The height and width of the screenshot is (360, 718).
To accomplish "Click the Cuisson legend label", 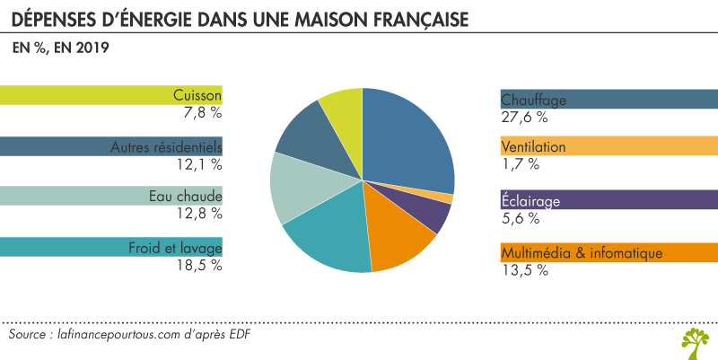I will [197, 95].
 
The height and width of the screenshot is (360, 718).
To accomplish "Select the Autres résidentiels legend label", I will [166, 146].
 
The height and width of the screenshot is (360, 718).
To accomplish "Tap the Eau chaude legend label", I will [186, 197].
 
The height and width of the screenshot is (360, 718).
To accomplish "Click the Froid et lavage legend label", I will [175, 248].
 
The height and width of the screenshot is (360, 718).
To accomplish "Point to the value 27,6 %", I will [524, 116].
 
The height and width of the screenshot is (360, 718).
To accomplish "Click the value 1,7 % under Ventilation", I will [521, 163].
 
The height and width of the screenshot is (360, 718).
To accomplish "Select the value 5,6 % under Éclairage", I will [521, 218].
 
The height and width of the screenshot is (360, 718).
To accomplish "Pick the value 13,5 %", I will [524, 270].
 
